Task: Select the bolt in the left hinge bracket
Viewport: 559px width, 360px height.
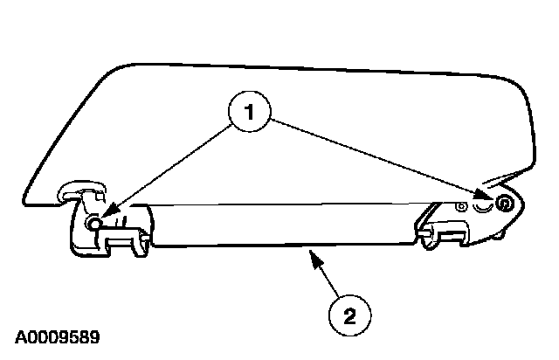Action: coord(93,224)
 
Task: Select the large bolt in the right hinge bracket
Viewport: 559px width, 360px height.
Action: coord(504,204)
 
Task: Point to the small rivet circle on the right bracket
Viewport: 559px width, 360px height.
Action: coord(460,208)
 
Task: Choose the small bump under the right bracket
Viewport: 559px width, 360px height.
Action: coord(505,235)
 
